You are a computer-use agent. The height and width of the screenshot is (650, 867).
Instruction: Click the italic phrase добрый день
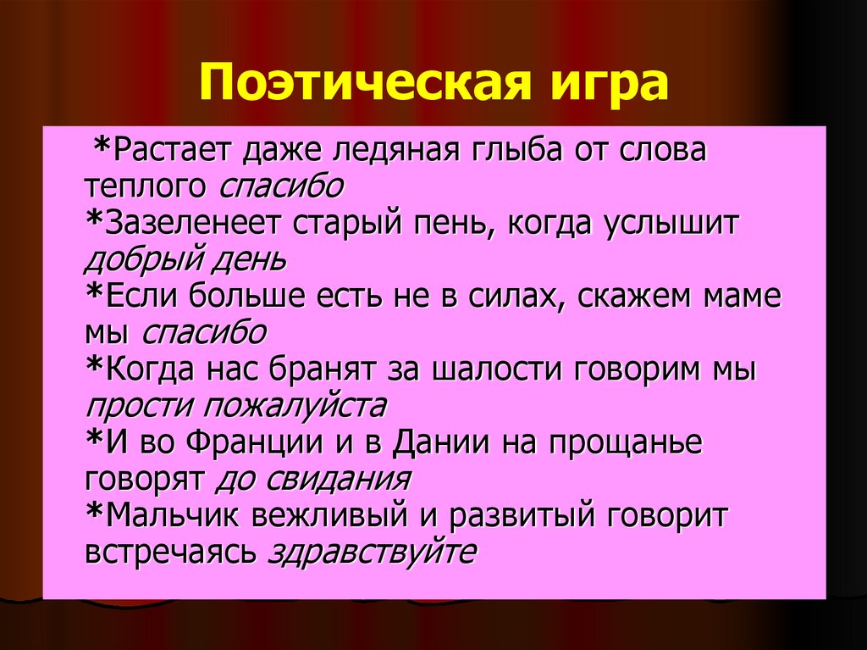click(x=185, y=259)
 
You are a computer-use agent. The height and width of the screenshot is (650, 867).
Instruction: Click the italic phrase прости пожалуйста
click(x=235, y=406)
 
